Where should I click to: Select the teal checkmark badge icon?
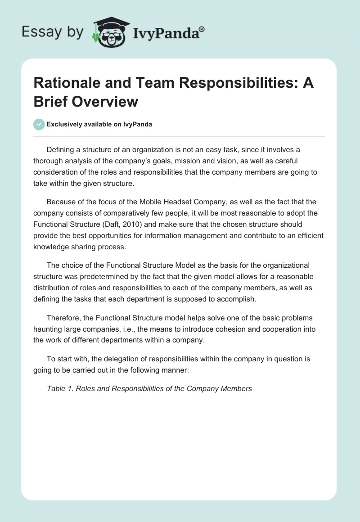tap(39, 124)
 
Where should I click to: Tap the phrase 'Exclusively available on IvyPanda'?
tap(99, 124)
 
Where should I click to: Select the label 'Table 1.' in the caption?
tap(60, 388)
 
